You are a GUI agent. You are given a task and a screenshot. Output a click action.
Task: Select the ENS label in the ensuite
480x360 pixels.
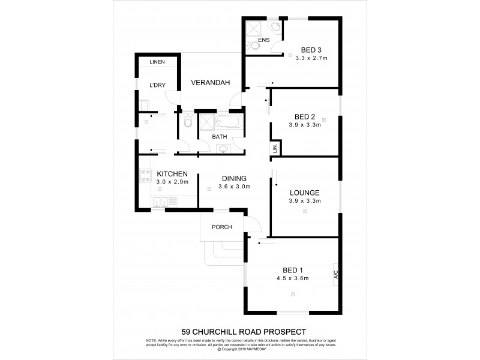263,40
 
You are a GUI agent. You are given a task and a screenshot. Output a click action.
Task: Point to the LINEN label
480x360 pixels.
157,62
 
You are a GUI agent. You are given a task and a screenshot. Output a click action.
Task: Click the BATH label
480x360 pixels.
220,136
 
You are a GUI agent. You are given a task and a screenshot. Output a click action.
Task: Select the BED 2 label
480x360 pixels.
305,116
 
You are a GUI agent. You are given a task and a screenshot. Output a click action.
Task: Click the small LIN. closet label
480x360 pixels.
275,148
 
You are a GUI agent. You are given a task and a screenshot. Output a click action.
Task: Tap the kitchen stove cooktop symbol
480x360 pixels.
145,176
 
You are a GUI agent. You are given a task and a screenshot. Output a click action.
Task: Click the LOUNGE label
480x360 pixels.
305,193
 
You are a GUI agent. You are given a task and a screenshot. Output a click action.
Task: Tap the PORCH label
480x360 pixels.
221,227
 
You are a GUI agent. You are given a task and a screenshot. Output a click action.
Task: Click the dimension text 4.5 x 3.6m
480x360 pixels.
292,278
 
